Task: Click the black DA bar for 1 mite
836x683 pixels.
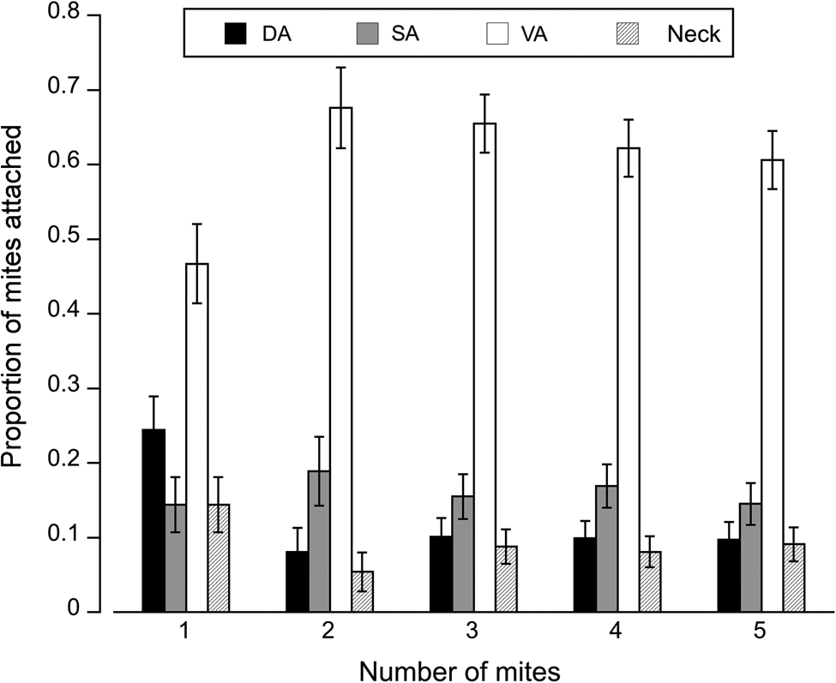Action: pyautogui.click(x=153, y=520)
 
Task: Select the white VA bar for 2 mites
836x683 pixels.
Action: pyautogui.click(x=340, y=360)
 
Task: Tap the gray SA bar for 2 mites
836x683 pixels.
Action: pyautogui.click(x=319, y=542)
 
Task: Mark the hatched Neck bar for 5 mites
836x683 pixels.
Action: pyautogui.click(x=794, y=578)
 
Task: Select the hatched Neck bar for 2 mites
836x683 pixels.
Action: pyautogui.click(x=362, y=591)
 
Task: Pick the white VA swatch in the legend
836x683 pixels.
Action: pyautogui.click(x=501, y=34)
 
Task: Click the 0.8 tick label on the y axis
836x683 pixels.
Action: pyautogui.click(x=87, y=15)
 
